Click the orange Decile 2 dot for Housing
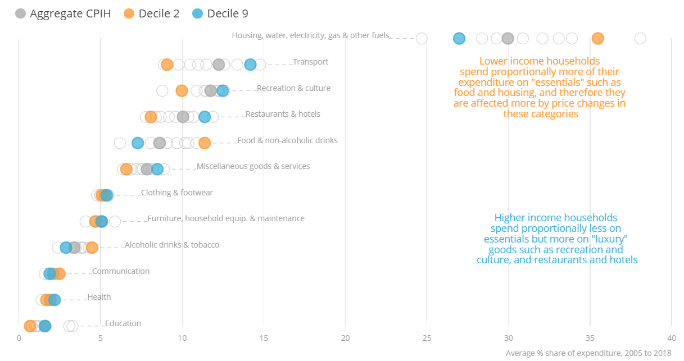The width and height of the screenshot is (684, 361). coord(597,38)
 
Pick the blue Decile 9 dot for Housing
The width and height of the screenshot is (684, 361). coord(459,38)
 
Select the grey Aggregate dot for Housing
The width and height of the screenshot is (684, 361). coord(508,38)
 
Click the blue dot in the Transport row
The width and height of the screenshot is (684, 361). coord(250,65)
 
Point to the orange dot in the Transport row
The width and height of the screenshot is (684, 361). coord(167,65)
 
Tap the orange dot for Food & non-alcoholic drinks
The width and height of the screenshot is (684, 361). coord(205,143)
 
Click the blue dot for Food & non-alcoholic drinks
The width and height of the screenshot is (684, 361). coord(138,143)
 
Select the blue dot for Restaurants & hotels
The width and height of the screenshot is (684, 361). coord(205,117)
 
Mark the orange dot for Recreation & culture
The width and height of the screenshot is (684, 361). coord(182,90)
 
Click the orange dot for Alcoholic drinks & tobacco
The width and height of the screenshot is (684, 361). coord(92,248)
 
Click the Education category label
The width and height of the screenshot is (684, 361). coord(123,323)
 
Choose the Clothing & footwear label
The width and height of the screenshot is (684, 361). coord(177,193)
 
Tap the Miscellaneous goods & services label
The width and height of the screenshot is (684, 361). coord(253,166)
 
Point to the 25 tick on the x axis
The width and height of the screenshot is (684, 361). coord(427,338)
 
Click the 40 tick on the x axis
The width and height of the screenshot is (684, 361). coord(671,338)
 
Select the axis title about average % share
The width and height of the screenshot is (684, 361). coord(588,353)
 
